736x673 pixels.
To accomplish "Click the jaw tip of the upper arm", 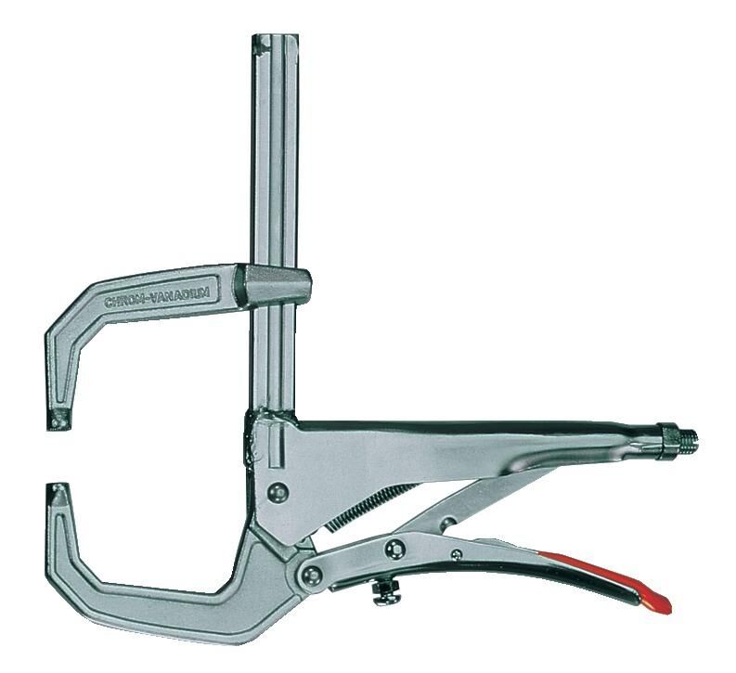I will [61, 419].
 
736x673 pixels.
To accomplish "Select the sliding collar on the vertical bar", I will [275, 281].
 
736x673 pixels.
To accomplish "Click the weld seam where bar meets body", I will [252, 436].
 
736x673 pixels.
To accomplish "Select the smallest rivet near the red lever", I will [456, 554].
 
